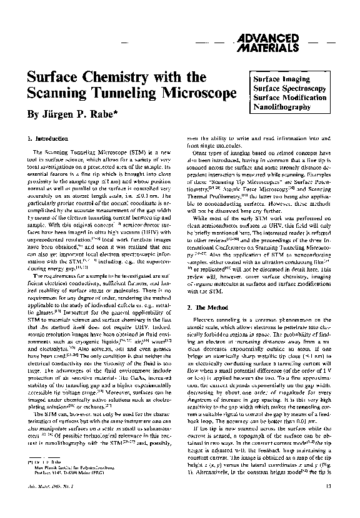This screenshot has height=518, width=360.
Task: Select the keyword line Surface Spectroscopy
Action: coord(289,89)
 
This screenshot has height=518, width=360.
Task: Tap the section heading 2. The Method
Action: coord(209,309)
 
